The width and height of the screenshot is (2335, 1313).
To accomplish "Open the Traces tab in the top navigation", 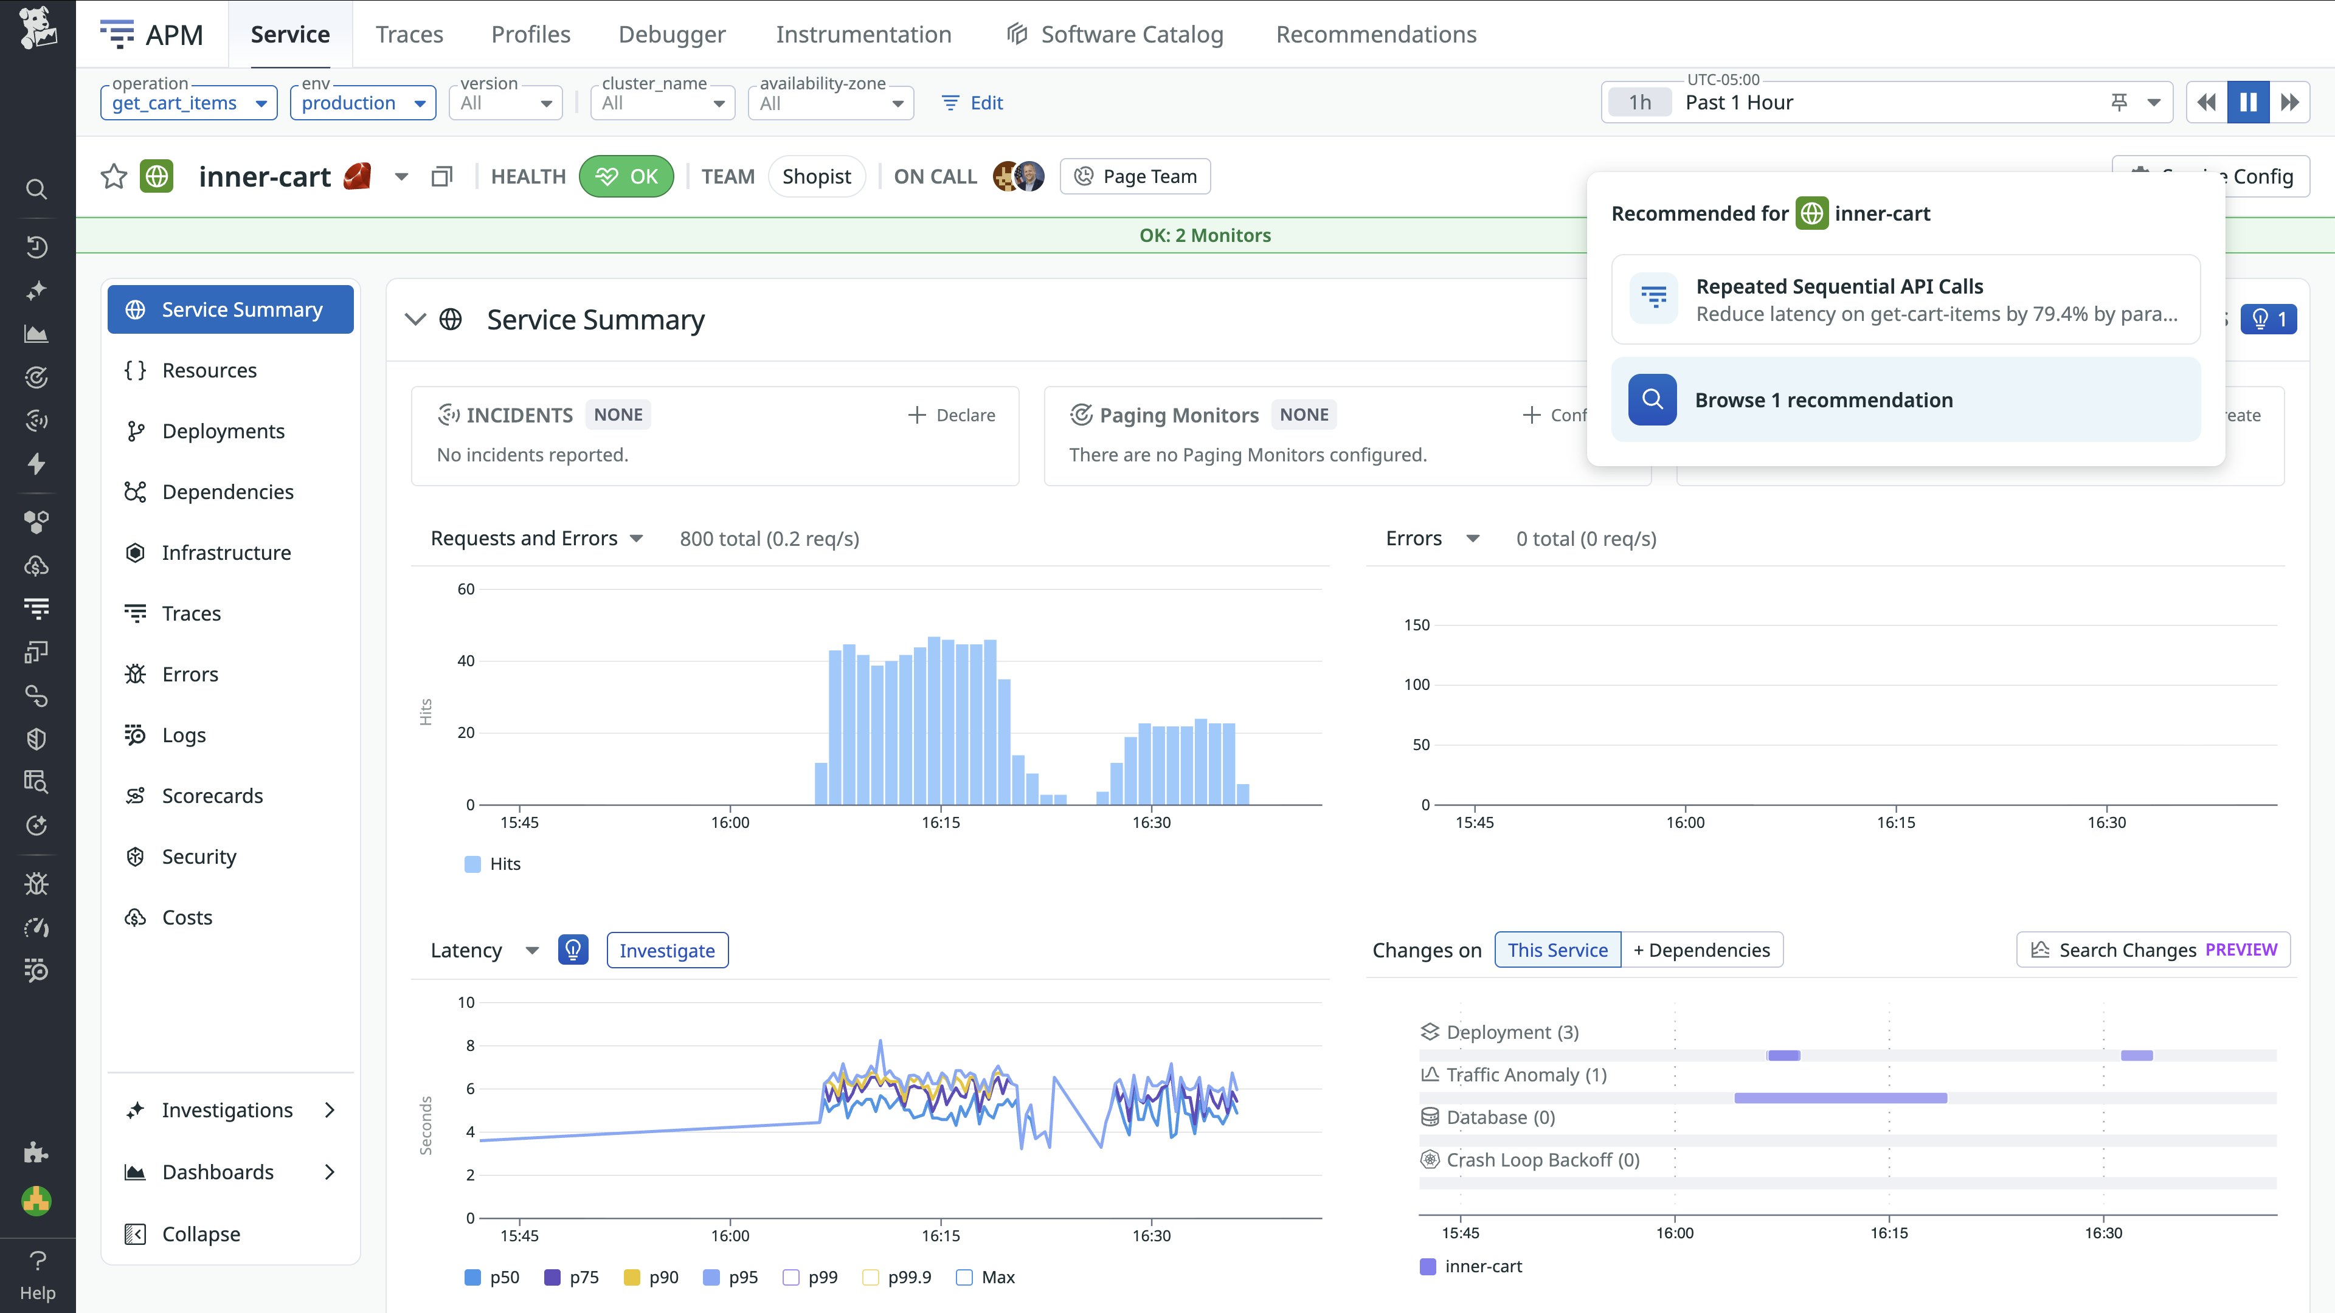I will (x=409, y=35).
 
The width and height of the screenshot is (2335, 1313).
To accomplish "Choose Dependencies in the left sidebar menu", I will (x=227, y=492).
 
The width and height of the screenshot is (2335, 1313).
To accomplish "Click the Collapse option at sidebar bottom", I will (x=200, y=1234).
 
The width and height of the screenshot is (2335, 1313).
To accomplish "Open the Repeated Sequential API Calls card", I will (x=1905, y=300).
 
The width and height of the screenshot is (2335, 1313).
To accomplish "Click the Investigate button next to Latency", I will (x=667, y=951).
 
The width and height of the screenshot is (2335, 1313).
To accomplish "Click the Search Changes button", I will (x=2153, y=949).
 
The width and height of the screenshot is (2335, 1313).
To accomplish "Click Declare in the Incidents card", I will (x=952, y=415).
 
